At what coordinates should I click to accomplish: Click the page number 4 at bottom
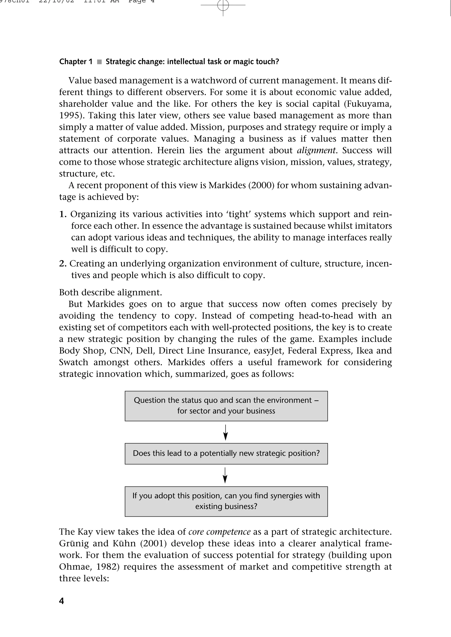[61, 601]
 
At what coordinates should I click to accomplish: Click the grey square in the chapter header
[99, 62]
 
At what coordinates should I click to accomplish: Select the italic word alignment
[316, 150]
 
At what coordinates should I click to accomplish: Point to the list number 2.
[63, 264]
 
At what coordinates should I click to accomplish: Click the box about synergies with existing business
[226, 501]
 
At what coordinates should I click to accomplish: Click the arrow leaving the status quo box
[225, 432]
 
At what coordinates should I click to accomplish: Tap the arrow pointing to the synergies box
[225, 475]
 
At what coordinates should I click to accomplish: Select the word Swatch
[74, 362]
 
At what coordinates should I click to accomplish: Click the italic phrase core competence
[219, 532]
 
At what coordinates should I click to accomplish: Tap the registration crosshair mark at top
[223, 5]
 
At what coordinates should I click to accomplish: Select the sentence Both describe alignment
[110, 292]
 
